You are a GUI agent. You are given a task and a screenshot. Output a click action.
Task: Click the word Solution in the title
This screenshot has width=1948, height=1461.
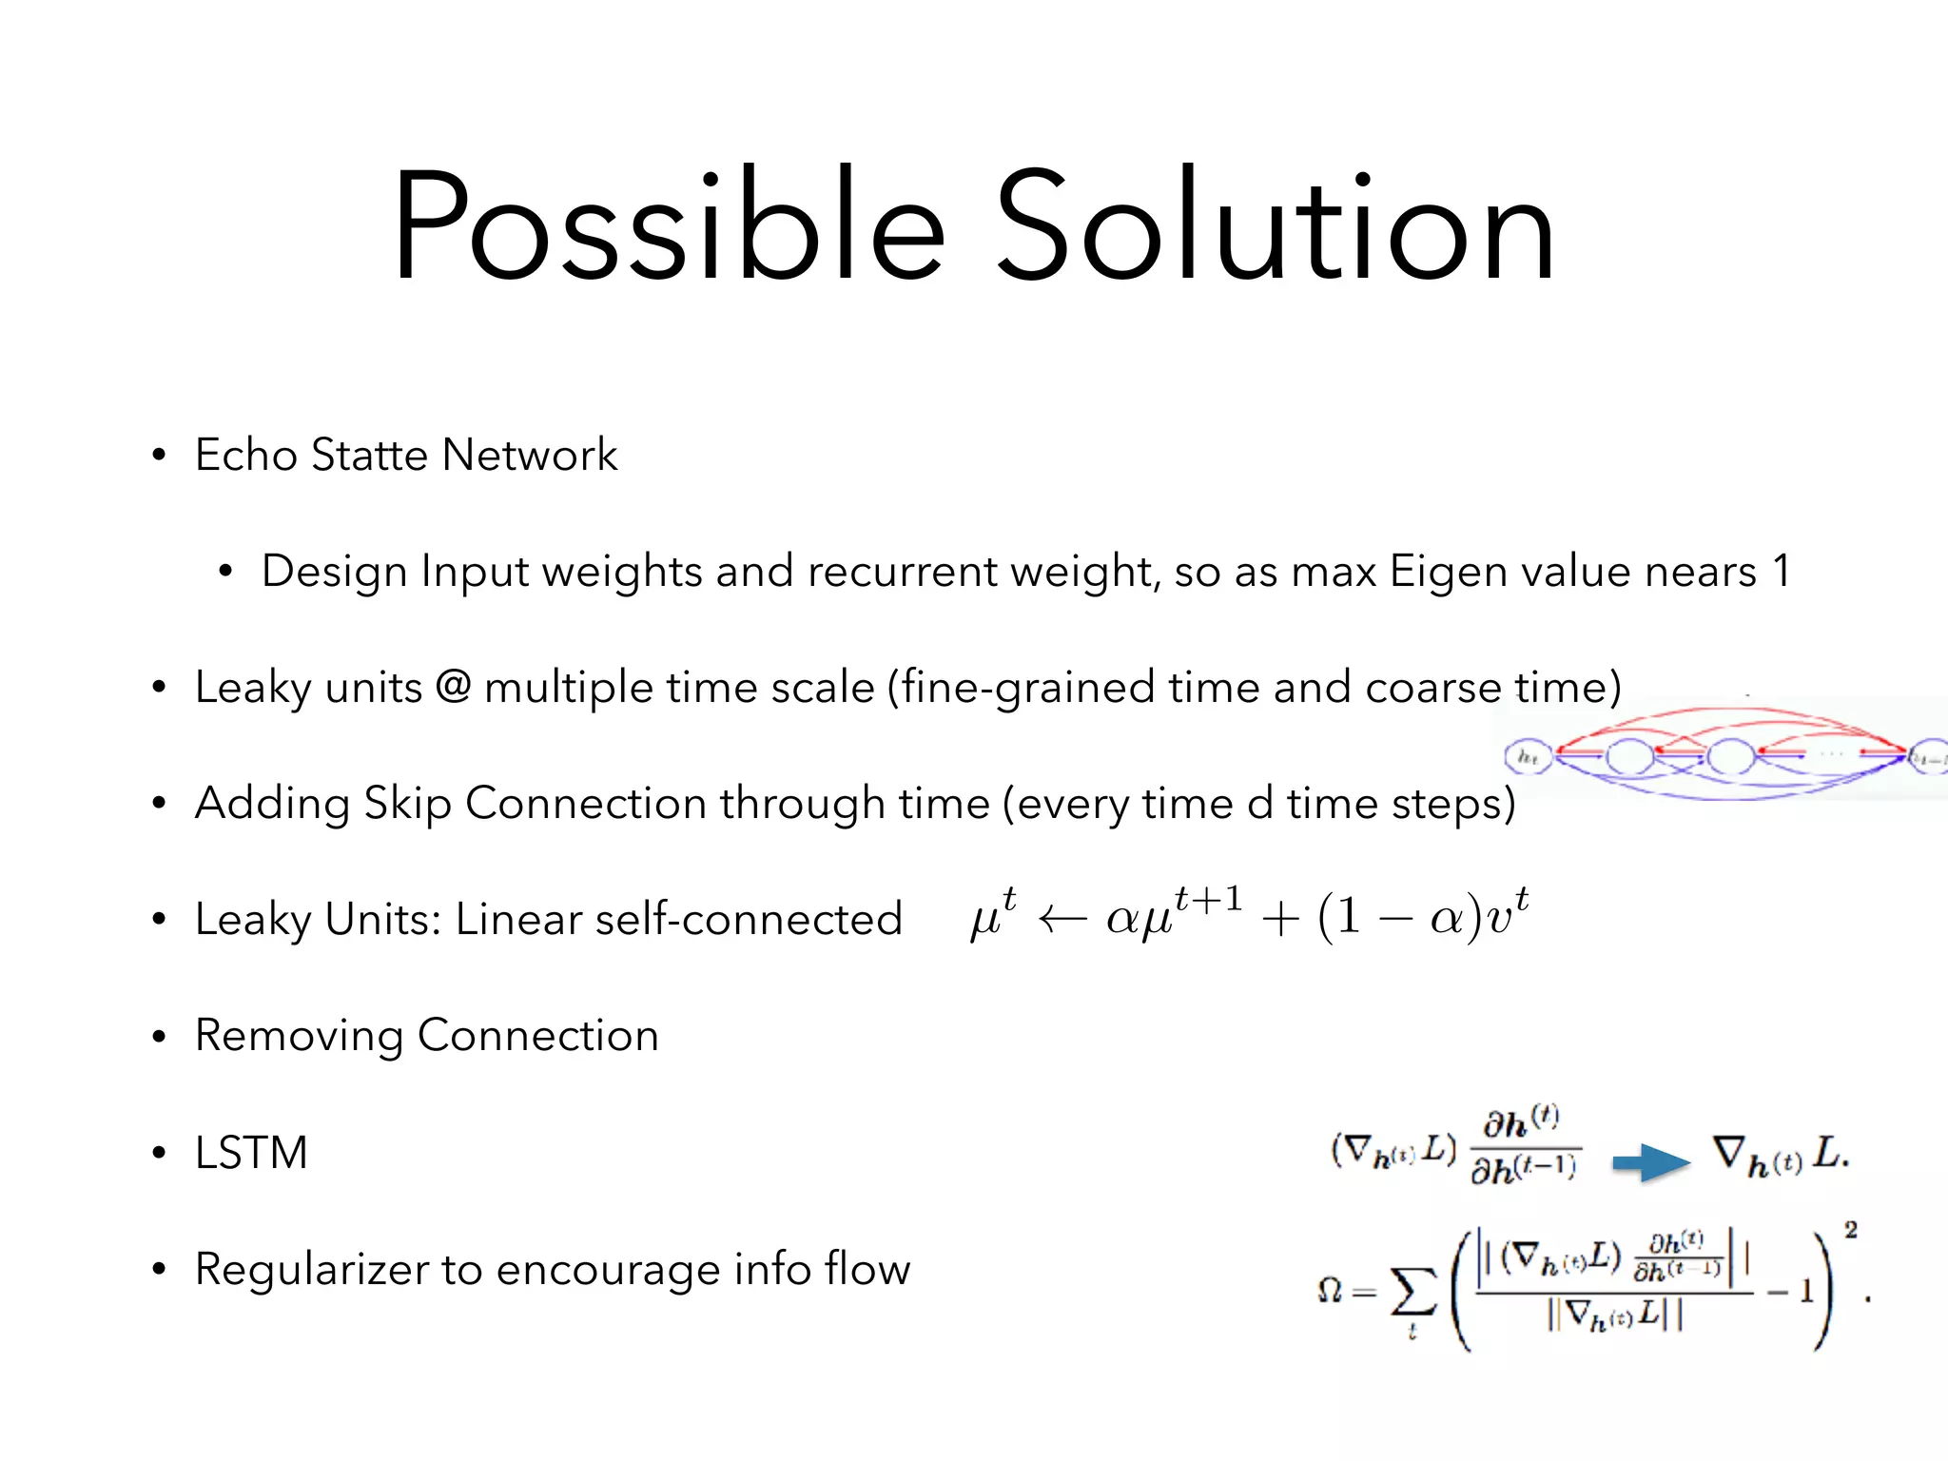tap(1275, 228)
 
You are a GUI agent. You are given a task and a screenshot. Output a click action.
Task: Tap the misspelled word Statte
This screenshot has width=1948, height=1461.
tap(370, 455)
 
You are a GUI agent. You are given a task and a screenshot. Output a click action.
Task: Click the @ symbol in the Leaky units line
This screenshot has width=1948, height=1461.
tap(453, 686)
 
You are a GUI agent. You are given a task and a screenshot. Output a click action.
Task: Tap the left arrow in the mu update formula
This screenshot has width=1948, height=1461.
tap(1062, 919)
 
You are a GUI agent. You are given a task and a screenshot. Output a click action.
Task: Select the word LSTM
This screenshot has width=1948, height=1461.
tap(251, 1153)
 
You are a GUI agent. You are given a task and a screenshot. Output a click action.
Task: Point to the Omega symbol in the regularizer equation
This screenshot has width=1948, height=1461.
tap(1330, 1291)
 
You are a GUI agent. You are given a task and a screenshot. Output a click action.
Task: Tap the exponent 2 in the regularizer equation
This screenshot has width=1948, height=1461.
tap(1850, 1230)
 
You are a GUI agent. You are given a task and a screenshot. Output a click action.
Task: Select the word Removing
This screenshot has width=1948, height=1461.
tap(299, 1037)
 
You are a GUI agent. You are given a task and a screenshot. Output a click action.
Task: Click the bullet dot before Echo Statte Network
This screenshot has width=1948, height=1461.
tap(159, 455)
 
